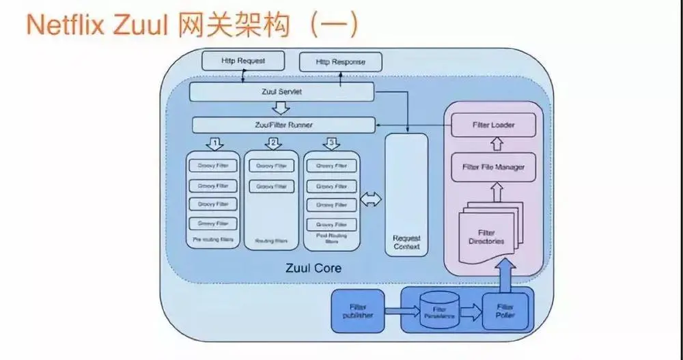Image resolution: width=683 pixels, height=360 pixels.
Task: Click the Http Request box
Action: [x=242, y=61]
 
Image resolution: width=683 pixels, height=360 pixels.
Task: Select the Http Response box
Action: [x=340, y=61]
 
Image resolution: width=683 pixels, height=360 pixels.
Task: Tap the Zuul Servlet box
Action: [x=281, y=92]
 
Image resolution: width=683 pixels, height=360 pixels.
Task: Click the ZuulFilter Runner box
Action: [x=283, y=125]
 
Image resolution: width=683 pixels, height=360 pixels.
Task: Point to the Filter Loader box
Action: [x=493, y=126]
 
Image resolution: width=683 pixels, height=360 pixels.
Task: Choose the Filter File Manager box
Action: [x=493, y=167]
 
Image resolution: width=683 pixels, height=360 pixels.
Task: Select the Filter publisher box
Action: [x=357, y=312]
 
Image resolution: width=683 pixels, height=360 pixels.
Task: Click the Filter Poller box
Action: [x=505, y=311]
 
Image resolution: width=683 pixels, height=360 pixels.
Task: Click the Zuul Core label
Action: [x=313, y=268]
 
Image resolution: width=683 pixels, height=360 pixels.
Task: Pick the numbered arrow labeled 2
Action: [x=273, y=143]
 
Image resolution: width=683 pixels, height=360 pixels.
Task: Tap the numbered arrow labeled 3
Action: [x=331, y=143]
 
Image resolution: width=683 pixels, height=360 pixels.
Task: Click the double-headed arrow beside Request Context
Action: [x=371, y=199]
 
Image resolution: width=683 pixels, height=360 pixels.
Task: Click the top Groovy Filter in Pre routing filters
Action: [x=213, y=165]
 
